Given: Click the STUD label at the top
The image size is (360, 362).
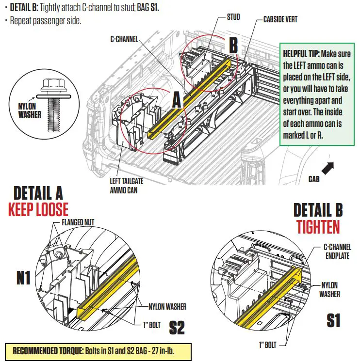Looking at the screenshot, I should point(233,17).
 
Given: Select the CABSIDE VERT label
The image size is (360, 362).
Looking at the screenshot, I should point(280,20).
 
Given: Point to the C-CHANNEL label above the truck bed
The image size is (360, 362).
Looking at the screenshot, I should point(124,39).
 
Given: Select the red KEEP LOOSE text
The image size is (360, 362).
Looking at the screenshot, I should point(38,209).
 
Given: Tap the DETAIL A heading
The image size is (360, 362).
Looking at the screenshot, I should point(38,193).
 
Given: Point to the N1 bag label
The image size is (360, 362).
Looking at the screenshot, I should point(23,278).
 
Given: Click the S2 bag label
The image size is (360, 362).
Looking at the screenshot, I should point(177,328).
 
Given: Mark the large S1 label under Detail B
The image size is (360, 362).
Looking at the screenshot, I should point(333,320).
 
